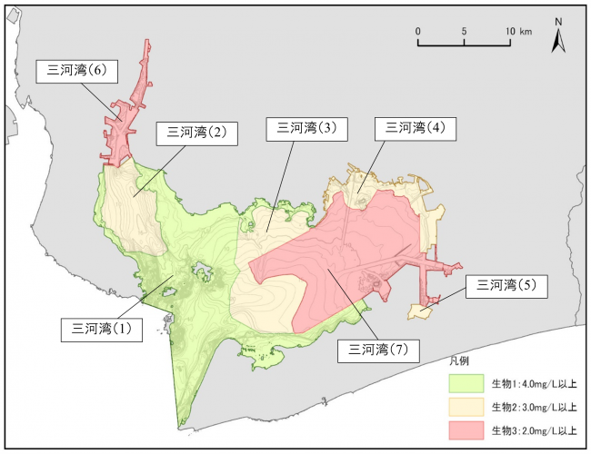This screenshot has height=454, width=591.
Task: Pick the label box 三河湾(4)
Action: point(416,128)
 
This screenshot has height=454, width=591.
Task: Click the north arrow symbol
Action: point(561,40)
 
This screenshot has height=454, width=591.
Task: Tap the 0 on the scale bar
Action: point(418,31)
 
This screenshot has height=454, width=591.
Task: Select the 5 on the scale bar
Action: point(465,31)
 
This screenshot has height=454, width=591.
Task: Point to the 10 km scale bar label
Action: point(518,31)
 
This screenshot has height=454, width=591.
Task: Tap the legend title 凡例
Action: point(459,361)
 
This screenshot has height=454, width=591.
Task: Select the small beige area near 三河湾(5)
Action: point(419,311)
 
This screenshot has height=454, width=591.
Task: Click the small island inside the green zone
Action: point(201,269)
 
